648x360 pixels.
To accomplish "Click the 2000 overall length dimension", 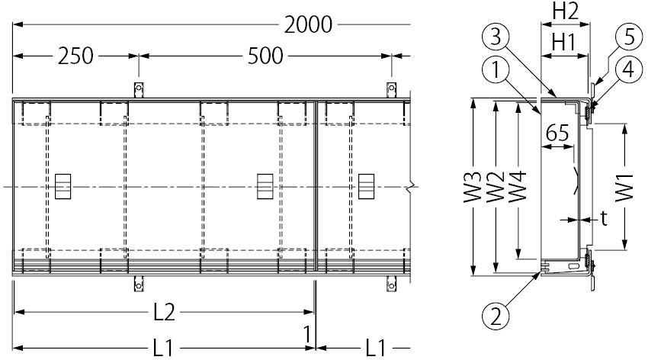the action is point(308,25).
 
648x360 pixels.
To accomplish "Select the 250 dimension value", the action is point(75,56).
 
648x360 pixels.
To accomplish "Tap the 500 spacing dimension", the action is point(265,56).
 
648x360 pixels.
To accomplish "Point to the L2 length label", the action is point(164,312).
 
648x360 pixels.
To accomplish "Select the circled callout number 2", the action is point(495,317).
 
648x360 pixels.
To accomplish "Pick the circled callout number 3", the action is point(496,37).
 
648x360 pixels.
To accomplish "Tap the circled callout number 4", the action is point(628,69).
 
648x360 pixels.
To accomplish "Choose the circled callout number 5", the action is point(628,37).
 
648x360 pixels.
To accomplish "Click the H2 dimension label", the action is point(566,11).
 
